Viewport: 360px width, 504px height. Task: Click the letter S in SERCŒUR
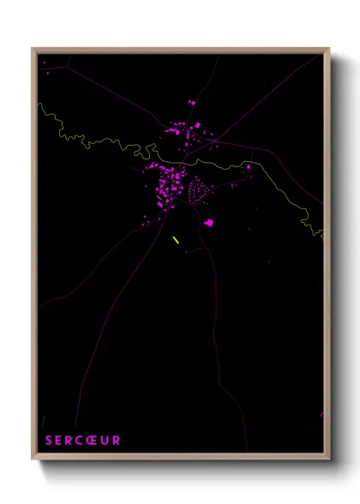(48, 441)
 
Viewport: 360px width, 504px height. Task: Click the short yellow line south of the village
(176, 240)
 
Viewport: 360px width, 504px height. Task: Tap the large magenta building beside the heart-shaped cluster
(209, 223)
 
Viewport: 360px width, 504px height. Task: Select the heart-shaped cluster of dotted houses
(197, 189)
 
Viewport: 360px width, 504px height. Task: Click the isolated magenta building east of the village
(249, 166)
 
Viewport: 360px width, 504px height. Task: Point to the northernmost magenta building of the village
(191, 103)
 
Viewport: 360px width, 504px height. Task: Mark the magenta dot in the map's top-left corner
(44, 62)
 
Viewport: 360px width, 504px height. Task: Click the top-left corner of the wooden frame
(33, 49)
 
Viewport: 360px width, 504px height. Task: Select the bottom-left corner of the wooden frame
(33, 460)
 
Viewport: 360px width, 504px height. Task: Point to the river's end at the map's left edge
(39, 105)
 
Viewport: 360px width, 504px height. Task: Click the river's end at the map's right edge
(323, 236)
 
